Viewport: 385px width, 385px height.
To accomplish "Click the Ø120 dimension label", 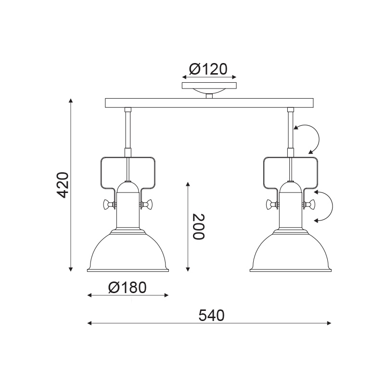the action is pyautogui.click(x=208, y=69).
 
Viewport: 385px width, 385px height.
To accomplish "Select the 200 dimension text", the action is pyautogui.click(x=198, y=227).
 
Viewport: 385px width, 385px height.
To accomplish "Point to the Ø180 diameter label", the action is pyautogui.click(x=127, y=287).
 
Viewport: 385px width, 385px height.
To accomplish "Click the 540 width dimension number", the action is pyautogui.click(x=211, y=316).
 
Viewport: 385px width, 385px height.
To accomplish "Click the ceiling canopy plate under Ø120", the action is pyautogui.click(x=209, y=86).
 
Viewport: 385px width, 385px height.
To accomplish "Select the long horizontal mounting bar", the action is pyautogui.click(x=209, y=103).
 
